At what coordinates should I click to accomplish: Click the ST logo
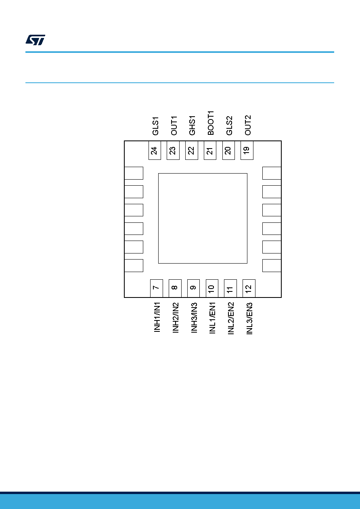click(35, 40)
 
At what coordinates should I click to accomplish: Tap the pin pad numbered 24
click(155, 150)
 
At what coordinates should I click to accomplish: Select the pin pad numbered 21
click(210, 150)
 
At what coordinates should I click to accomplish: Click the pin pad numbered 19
click(247, 150)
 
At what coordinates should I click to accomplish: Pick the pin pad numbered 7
click(157, 288)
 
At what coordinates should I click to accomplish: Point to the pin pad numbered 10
click(212, 288)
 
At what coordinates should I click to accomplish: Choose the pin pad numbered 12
click(249, 288)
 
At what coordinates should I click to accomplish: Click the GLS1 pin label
click(155, 126)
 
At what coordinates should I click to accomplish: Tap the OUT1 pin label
click(174, 126)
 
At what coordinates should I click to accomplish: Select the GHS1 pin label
click(192, 126)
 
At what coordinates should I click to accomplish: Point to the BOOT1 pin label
click(211, 123)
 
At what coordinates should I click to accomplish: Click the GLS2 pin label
click(229, 126)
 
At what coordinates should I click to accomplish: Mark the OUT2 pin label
click(248, 125)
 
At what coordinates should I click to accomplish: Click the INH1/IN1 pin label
click(157, 317)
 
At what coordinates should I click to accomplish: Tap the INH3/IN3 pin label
click(194, 318)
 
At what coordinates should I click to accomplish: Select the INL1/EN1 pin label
click(212, 318)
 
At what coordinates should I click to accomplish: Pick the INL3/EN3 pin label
click(249, 318)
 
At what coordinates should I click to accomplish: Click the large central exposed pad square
click(203, 218)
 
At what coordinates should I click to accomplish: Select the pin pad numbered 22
click(191, 150)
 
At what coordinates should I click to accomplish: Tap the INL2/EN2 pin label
click(231, 318)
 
